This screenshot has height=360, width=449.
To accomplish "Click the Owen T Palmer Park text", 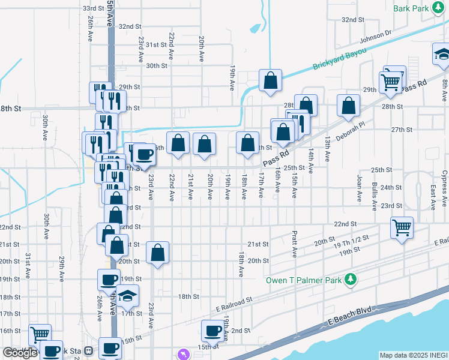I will tap(307, 280).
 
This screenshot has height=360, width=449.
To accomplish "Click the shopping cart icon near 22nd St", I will tap(402, 227).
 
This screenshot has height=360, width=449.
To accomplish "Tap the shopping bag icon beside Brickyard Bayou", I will tap(271, 80).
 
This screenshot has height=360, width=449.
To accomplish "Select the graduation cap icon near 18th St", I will tap(127, 295).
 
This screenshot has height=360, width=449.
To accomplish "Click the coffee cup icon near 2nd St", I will tap(212, 330).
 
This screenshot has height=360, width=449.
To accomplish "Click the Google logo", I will tap(20, 353).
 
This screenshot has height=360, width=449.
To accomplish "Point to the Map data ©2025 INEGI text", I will tap(414, 355).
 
